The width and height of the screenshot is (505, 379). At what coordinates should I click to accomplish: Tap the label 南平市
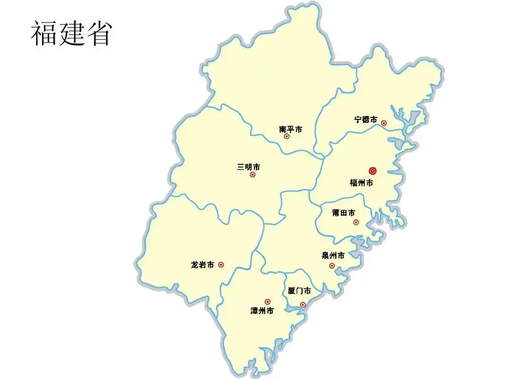click(291, 129)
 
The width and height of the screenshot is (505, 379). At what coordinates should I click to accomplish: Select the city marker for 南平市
click(287, 136)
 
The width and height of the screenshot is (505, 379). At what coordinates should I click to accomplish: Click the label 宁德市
click(366, 119)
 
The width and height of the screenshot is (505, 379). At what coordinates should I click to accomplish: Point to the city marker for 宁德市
click(384, 123)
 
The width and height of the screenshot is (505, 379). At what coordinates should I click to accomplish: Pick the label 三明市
click(248, 167)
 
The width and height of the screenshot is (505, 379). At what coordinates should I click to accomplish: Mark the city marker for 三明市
click(252, 175)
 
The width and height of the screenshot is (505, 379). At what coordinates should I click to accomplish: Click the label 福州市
click(362, 183)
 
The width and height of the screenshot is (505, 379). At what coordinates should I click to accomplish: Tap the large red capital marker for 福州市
click(372, 171)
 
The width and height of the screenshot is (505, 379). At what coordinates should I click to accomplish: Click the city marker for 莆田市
click(356, 222)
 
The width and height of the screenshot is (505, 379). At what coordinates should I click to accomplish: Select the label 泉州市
click(333, 256)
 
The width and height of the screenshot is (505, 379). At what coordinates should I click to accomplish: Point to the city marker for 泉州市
click(332, 266)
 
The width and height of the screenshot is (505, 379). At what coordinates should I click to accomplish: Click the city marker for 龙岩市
click(221, 265)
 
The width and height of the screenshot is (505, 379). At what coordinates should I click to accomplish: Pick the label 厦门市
click(299, 291)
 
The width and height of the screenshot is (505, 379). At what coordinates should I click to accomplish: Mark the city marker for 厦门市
click(303, 305)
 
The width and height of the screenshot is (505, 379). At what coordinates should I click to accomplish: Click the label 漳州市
click(262, 311)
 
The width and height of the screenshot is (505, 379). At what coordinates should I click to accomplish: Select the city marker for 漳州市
click(267, 301)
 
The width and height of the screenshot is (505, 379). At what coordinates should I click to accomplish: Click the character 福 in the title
click(44, 33)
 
